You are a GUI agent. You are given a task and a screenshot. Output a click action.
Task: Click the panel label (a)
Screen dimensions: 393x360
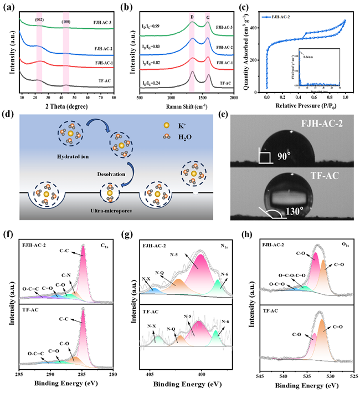[x=8, y=7]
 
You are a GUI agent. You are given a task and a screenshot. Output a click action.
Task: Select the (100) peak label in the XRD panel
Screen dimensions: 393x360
[x=66, y=22]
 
